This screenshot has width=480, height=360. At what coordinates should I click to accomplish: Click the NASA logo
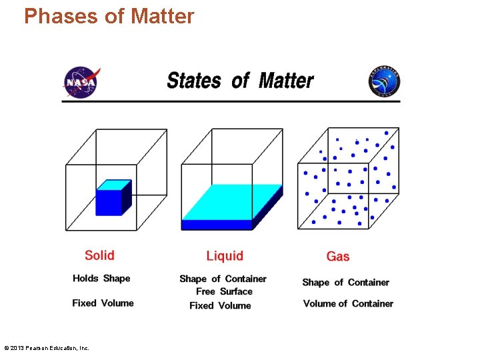tap(81, 82)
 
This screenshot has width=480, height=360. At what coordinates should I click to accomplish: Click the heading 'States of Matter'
tap(240, 81)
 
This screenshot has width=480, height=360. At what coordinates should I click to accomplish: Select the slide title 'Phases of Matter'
tap(109, 16)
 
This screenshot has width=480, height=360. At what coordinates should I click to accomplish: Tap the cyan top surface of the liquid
tap(230, 201)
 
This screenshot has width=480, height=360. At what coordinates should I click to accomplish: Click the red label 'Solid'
tap(99, 255)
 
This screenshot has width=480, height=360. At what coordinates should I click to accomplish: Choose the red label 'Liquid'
tap(225, 256)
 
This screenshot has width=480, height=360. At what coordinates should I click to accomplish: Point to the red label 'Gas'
tap(338, 256)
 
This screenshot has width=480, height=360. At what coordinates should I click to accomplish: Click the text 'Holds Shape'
tap(101, 279)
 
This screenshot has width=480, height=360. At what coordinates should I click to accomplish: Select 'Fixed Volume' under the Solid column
tap(103, 303)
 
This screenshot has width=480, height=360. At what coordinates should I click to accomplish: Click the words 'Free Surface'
tap(224, 291)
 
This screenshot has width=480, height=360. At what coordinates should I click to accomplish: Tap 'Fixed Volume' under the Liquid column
tap(220, 305)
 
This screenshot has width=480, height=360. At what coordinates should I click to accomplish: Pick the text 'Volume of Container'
tap(348, 303)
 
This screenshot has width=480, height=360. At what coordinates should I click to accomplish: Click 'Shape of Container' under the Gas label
tap(345, 282)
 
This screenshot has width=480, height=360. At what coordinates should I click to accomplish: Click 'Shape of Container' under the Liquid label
tap(223, 279)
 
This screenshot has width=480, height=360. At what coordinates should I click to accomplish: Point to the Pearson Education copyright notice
tap(46, 348)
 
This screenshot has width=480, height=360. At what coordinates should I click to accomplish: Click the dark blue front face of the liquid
tap(217, 225)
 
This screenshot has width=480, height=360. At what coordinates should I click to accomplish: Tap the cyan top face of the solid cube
tap(113, 185)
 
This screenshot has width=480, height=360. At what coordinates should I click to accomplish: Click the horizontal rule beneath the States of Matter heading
tap(231, 101)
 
